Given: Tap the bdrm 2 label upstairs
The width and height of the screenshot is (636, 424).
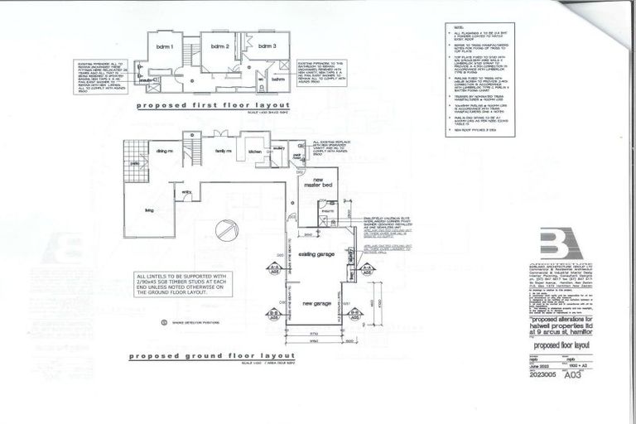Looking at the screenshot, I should point(219,46).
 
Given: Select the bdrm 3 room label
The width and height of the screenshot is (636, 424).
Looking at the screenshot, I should point(266,46).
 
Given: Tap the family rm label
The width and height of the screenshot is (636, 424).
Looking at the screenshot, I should point(224,152).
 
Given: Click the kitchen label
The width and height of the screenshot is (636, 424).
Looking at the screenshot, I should point(254,152).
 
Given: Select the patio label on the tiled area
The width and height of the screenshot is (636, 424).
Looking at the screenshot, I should point(134,162).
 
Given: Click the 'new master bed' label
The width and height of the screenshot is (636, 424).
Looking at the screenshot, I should point(321,183).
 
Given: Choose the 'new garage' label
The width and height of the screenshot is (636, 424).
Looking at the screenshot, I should point(316,304).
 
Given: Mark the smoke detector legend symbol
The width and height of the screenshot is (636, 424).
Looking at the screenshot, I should point(163,322).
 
